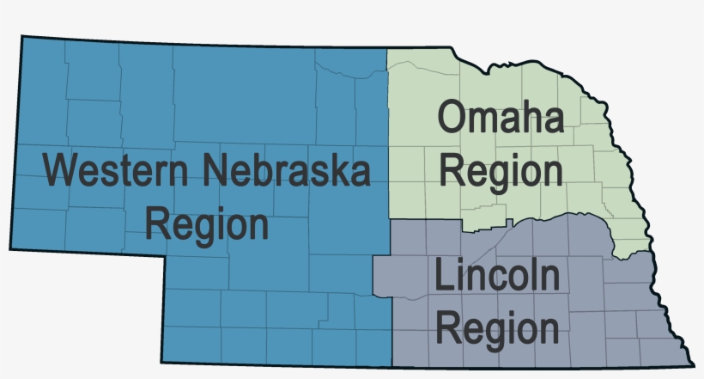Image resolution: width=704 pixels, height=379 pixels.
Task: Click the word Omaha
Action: pos(501,118)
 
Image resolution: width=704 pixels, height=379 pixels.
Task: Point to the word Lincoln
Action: pos(497,278)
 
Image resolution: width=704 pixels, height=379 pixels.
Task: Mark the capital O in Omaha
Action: pos(452,118)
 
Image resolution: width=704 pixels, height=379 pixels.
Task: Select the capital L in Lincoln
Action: pos(443,278)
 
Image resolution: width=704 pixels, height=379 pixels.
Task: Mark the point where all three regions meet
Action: pos(391,221)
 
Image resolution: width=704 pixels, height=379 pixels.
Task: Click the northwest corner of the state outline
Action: pos(22,36)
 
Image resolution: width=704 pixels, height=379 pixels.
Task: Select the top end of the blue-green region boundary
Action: pos(386,47)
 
